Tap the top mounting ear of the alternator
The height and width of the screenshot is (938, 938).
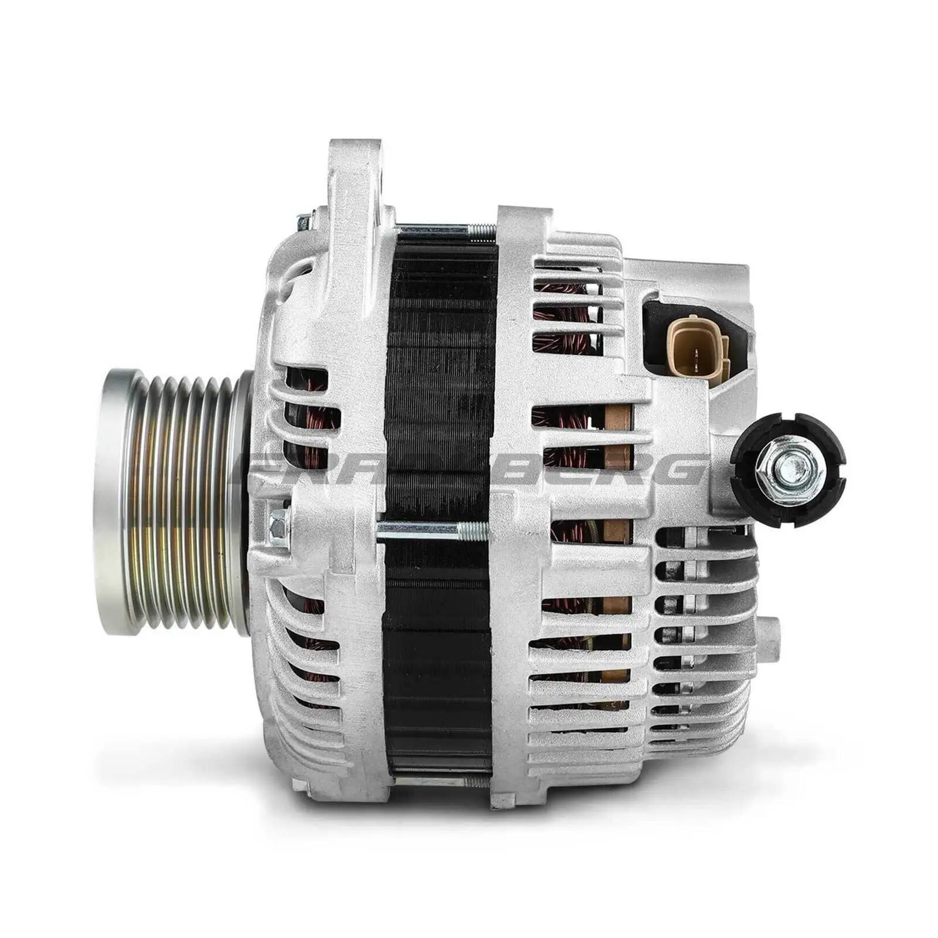coord(355,170)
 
